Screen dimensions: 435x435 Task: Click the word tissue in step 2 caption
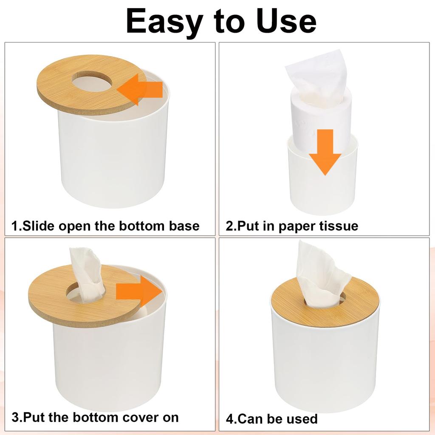pos(336,226)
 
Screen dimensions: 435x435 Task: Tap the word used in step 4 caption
pos(300,419)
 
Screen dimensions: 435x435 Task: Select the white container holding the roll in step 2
pos(323,187)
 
